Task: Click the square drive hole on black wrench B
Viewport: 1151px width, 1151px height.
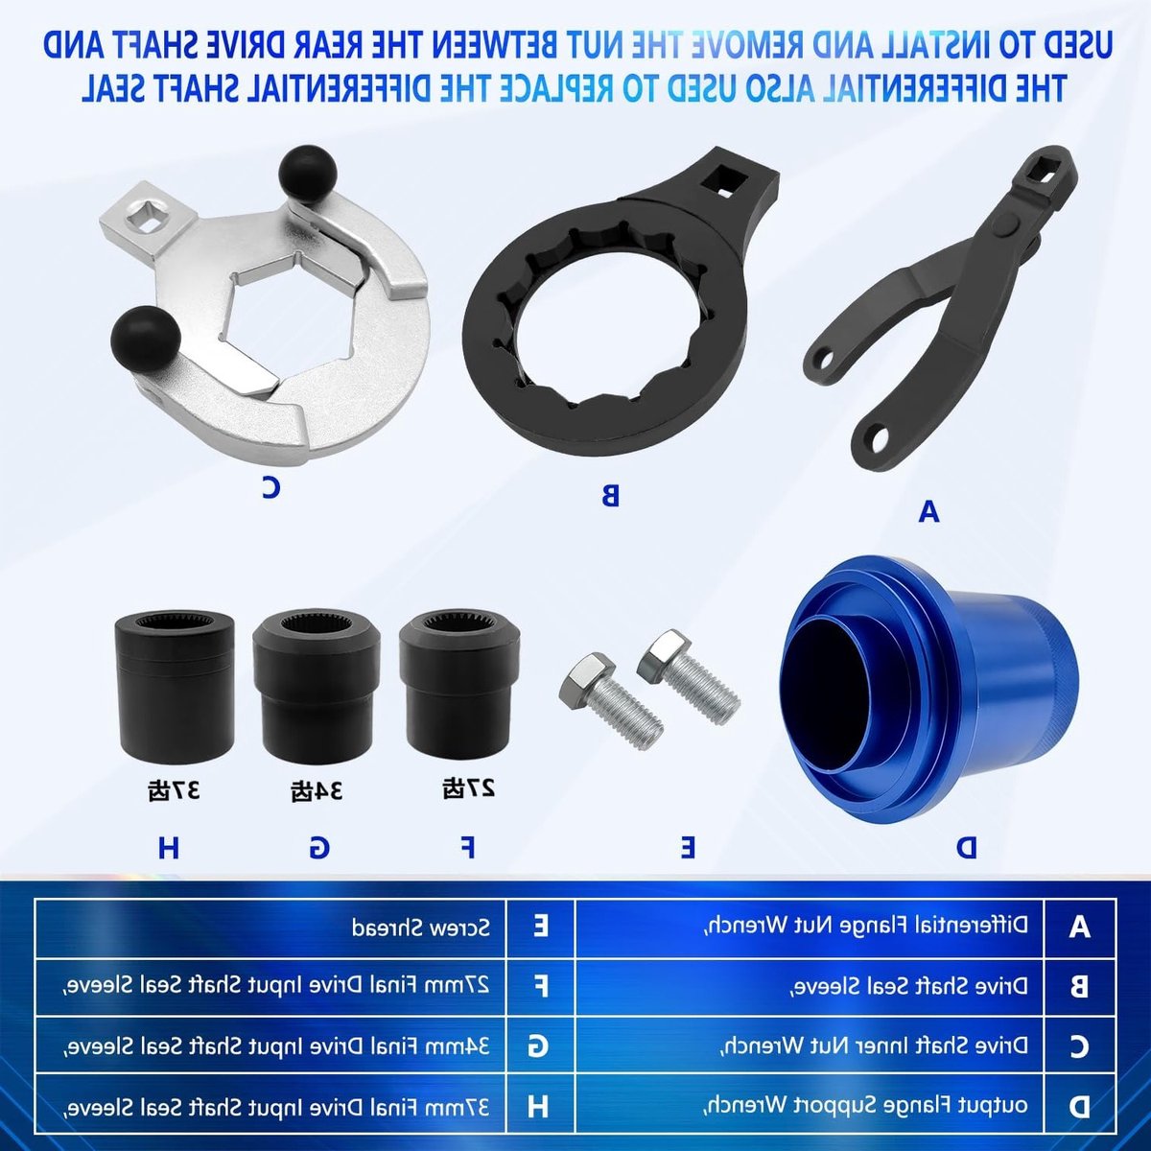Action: (721, 179)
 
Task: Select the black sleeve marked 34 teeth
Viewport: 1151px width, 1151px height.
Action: (316, 687)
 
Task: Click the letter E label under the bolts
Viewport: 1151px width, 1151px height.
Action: (687, 846)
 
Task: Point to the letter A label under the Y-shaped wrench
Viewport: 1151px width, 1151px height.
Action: (928, 511)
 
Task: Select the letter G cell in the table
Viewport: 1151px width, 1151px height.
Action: (540, 1045)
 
